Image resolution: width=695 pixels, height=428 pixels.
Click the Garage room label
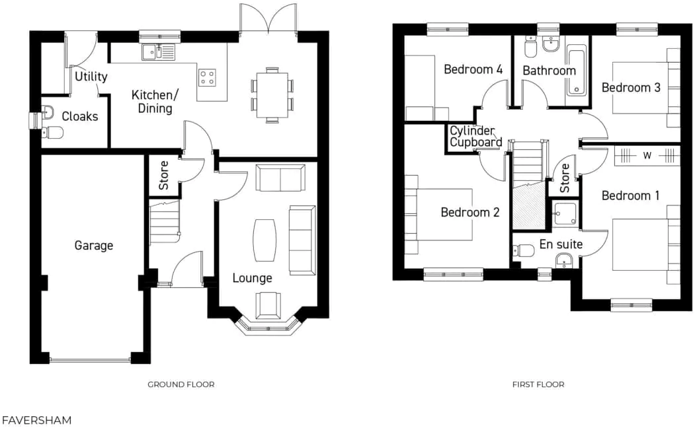[93, 246]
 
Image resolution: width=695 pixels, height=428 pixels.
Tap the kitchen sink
[157, 51]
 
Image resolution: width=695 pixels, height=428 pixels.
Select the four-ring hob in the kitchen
[208, 78]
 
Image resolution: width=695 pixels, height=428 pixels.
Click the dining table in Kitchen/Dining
[272, 94]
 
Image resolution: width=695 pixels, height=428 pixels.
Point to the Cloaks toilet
[53, 133]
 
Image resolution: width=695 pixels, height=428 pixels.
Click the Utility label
[91, 77]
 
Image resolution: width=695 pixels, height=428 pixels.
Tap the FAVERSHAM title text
[36, 420]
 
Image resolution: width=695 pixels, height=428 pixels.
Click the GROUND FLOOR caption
[181, 384]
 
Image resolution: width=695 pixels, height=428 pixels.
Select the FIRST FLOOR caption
[538, 384]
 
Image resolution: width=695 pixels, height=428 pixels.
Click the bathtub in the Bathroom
[577, 70]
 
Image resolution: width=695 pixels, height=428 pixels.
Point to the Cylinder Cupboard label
[475, 137]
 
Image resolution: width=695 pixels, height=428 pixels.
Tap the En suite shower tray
[565, 213]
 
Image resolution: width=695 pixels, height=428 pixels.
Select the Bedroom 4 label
[473, 69]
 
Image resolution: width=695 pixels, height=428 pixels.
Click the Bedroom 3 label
[630, 87]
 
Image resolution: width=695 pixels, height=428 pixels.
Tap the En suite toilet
[524, 250]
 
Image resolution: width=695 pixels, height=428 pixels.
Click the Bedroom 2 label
[470, 212]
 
